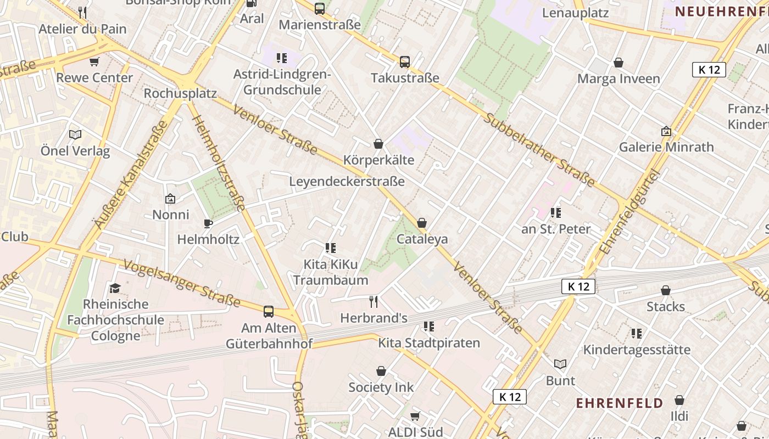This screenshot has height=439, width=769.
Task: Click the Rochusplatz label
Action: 180,93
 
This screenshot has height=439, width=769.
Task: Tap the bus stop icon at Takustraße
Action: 405,62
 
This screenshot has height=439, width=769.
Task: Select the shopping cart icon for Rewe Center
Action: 94,61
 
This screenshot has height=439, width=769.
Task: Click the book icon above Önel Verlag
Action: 75,134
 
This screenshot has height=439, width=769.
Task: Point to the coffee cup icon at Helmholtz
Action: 208,223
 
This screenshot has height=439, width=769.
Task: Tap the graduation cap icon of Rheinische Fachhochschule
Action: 115,288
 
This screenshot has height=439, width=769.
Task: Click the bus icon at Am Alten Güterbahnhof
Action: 269,312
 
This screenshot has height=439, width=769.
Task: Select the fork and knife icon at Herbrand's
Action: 374,301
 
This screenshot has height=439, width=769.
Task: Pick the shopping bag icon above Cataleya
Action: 422,223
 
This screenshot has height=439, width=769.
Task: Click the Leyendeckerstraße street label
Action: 347,182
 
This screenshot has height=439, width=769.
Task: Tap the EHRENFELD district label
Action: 619,403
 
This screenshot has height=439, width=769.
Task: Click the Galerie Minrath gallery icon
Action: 666,131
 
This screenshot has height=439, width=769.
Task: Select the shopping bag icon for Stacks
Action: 666,290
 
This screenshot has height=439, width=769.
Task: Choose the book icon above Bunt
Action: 560,364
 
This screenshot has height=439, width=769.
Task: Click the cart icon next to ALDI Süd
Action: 415,416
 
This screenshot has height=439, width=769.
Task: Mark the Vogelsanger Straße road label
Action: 182,283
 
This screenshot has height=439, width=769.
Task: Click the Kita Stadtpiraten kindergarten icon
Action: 429,327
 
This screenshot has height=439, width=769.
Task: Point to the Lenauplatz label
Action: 575,13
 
